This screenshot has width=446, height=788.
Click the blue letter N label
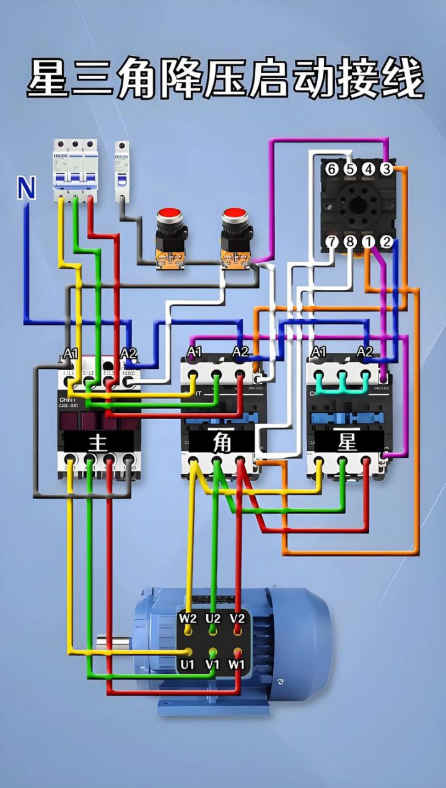click(26, 188)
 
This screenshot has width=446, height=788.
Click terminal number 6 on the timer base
click(331, 169)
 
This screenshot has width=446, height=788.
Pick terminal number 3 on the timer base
click(387, 169)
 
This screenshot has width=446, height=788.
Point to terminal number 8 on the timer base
click(350, 242)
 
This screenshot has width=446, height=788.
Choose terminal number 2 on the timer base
click(387, 242)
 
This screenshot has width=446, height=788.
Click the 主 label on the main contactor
click(98, 442)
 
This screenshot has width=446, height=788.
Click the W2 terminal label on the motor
click(188, 618)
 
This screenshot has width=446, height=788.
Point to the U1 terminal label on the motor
click(188, 665)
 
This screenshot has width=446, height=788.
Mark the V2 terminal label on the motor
click(237, 618)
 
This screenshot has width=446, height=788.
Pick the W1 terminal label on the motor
click(237, 665)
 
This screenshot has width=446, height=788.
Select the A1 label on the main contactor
click(71, 353)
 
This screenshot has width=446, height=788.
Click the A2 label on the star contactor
click(365, 352)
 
